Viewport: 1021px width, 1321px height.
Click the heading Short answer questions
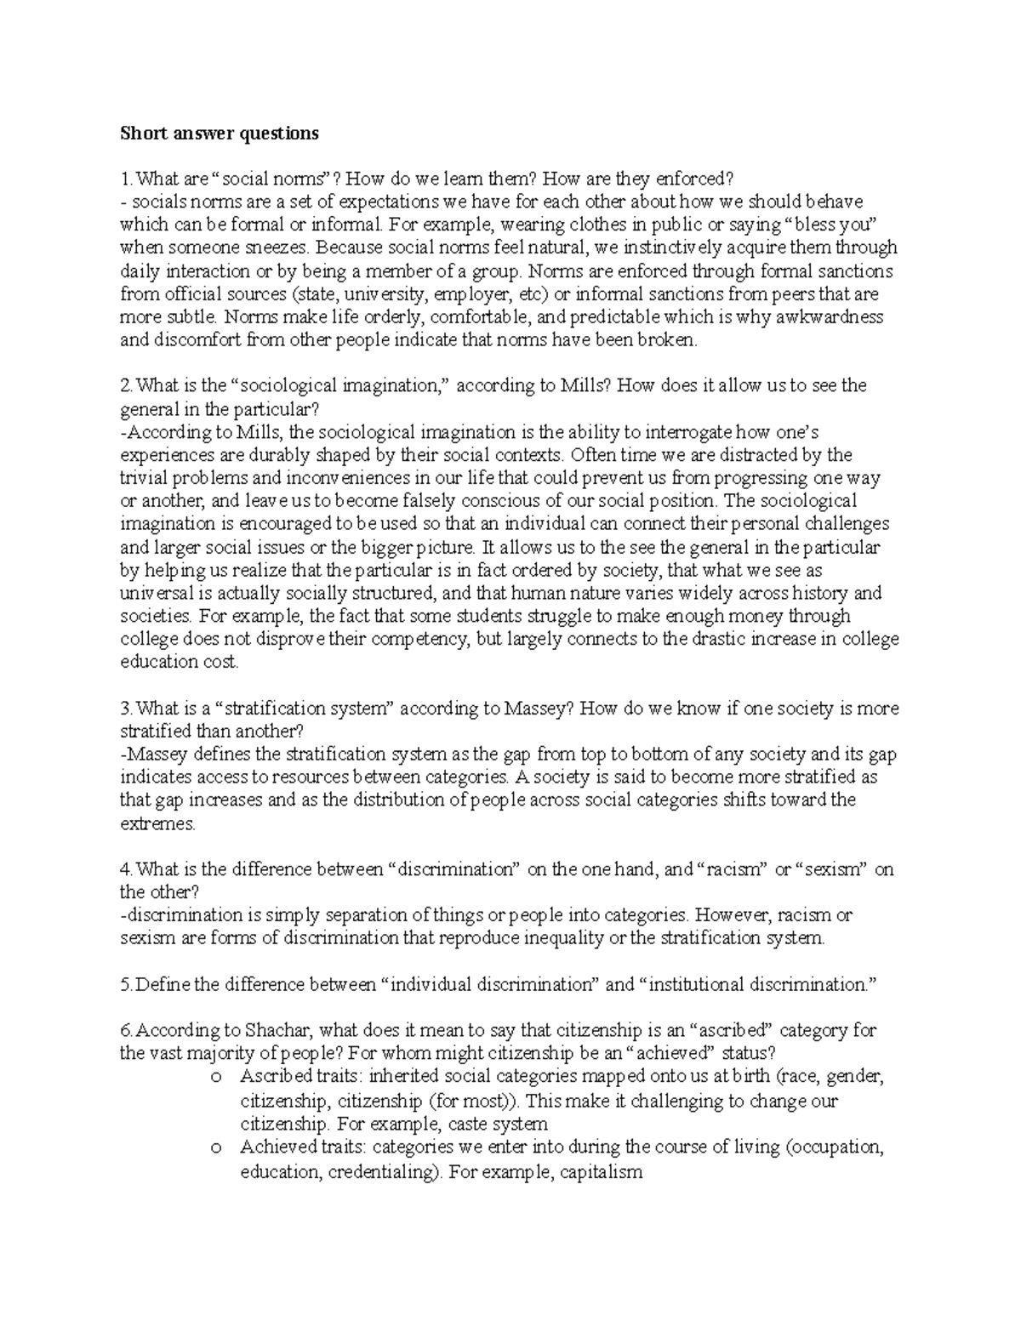click(x=219, y=134)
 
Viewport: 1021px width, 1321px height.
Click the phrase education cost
click(x=180, y=662)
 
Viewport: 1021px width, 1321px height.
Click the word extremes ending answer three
click(x=157, y=823)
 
